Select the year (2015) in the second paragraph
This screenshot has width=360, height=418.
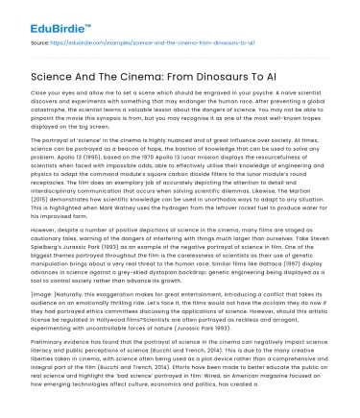[42, 200]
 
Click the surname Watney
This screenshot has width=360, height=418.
[153, 209]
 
